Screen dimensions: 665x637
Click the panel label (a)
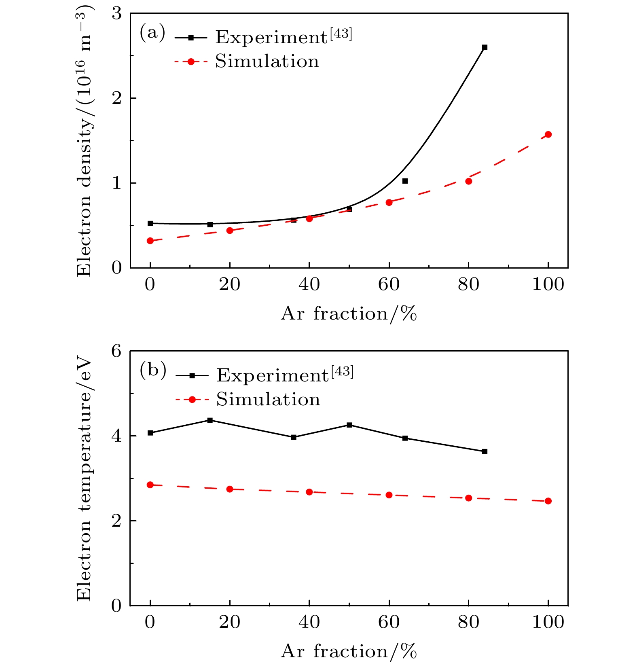pos(152,33)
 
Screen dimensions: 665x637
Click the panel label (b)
pos(153,371)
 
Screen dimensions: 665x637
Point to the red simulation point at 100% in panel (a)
pos(548,134)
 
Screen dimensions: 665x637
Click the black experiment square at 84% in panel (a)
pos(485,47)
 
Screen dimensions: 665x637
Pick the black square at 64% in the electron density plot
pos(405,181)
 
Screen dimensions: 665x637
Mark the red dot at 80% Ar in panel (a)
pos(468,181)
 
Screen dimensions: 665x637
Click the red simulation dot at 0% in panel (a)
pos(150,241)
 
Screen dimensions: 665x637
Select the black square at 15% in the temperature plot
pos(210,420)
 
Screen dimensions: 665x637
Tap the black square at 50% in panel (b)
pos(349,425)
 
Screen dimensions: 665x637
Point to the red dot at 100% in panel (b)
pos(548,501)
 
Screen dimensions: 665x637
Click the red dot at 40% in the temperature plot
pos(309,492)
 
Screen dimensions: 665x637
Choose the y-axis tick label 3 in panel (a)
pos(116,14)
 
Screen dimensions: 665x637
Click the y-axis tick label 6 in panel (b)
pos(116,351)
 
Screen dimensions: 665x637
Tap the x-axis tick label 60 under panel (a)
pos(389,285)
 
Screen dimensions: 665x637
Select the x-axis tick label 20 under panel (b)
pos(229,622)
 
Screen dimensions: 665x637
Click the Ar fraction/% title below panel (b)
pos(348,652)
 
